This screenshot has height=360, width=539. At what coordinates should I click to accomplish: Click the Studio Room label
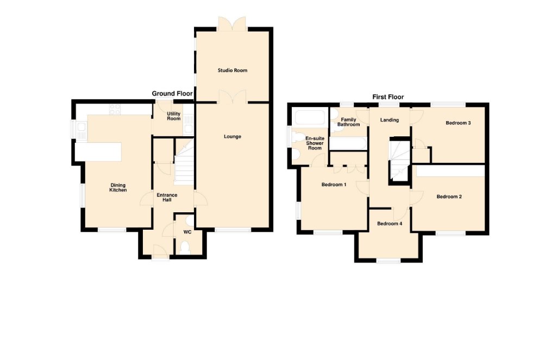coord(233,71)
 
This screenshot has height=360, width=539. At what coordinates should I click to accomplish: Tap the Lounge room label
coord(233,136)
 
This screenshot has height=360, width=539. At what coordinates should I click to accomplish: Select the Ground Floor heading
coord(172,93)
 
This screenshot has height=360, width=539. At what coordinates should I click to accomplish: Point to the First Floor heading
coord(388,97)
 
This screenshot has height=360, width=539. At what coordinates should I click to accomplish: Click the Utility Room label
coord(173,116)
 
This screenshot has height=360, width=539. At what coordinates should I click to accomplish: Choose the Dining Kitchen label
coord(118,187)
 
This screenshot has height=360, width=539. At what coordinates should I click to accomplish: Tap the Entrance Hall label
coord(167,197)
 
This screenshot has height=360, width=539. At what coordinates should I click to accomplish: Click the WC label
coord(187,232)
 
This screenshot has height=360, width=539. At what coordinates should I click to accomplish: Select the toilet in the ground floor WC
coord(185,247)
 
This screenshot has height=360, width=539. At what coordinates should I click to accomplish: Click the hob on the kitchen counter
coord(115,109)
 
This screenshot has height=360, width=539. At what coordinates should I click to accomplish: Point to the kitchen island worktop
coord(98,152)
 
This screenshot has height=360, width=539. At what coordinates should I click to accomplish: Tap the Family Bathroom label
coord(349,122)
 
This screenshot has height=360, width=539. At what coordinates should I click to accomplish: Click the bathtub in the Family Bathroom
coord(348,143)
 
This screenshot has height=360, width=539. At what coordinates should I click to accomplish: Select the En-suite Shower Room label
coord(315,143)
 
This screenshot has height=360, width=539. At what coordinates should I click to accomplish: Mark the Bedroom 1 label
coord(334,185)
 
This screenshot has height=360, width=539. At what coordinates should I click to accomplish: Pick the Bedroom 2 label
coord(449,197)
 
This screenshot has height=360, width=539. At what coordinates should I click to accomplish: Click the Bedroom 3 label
coord(458,123)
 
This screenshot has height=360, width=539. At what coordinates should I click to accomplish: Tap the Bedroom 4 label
coord(390,224)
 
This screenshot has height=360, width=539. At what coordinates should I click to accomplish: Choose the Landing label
coord(390,120)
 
